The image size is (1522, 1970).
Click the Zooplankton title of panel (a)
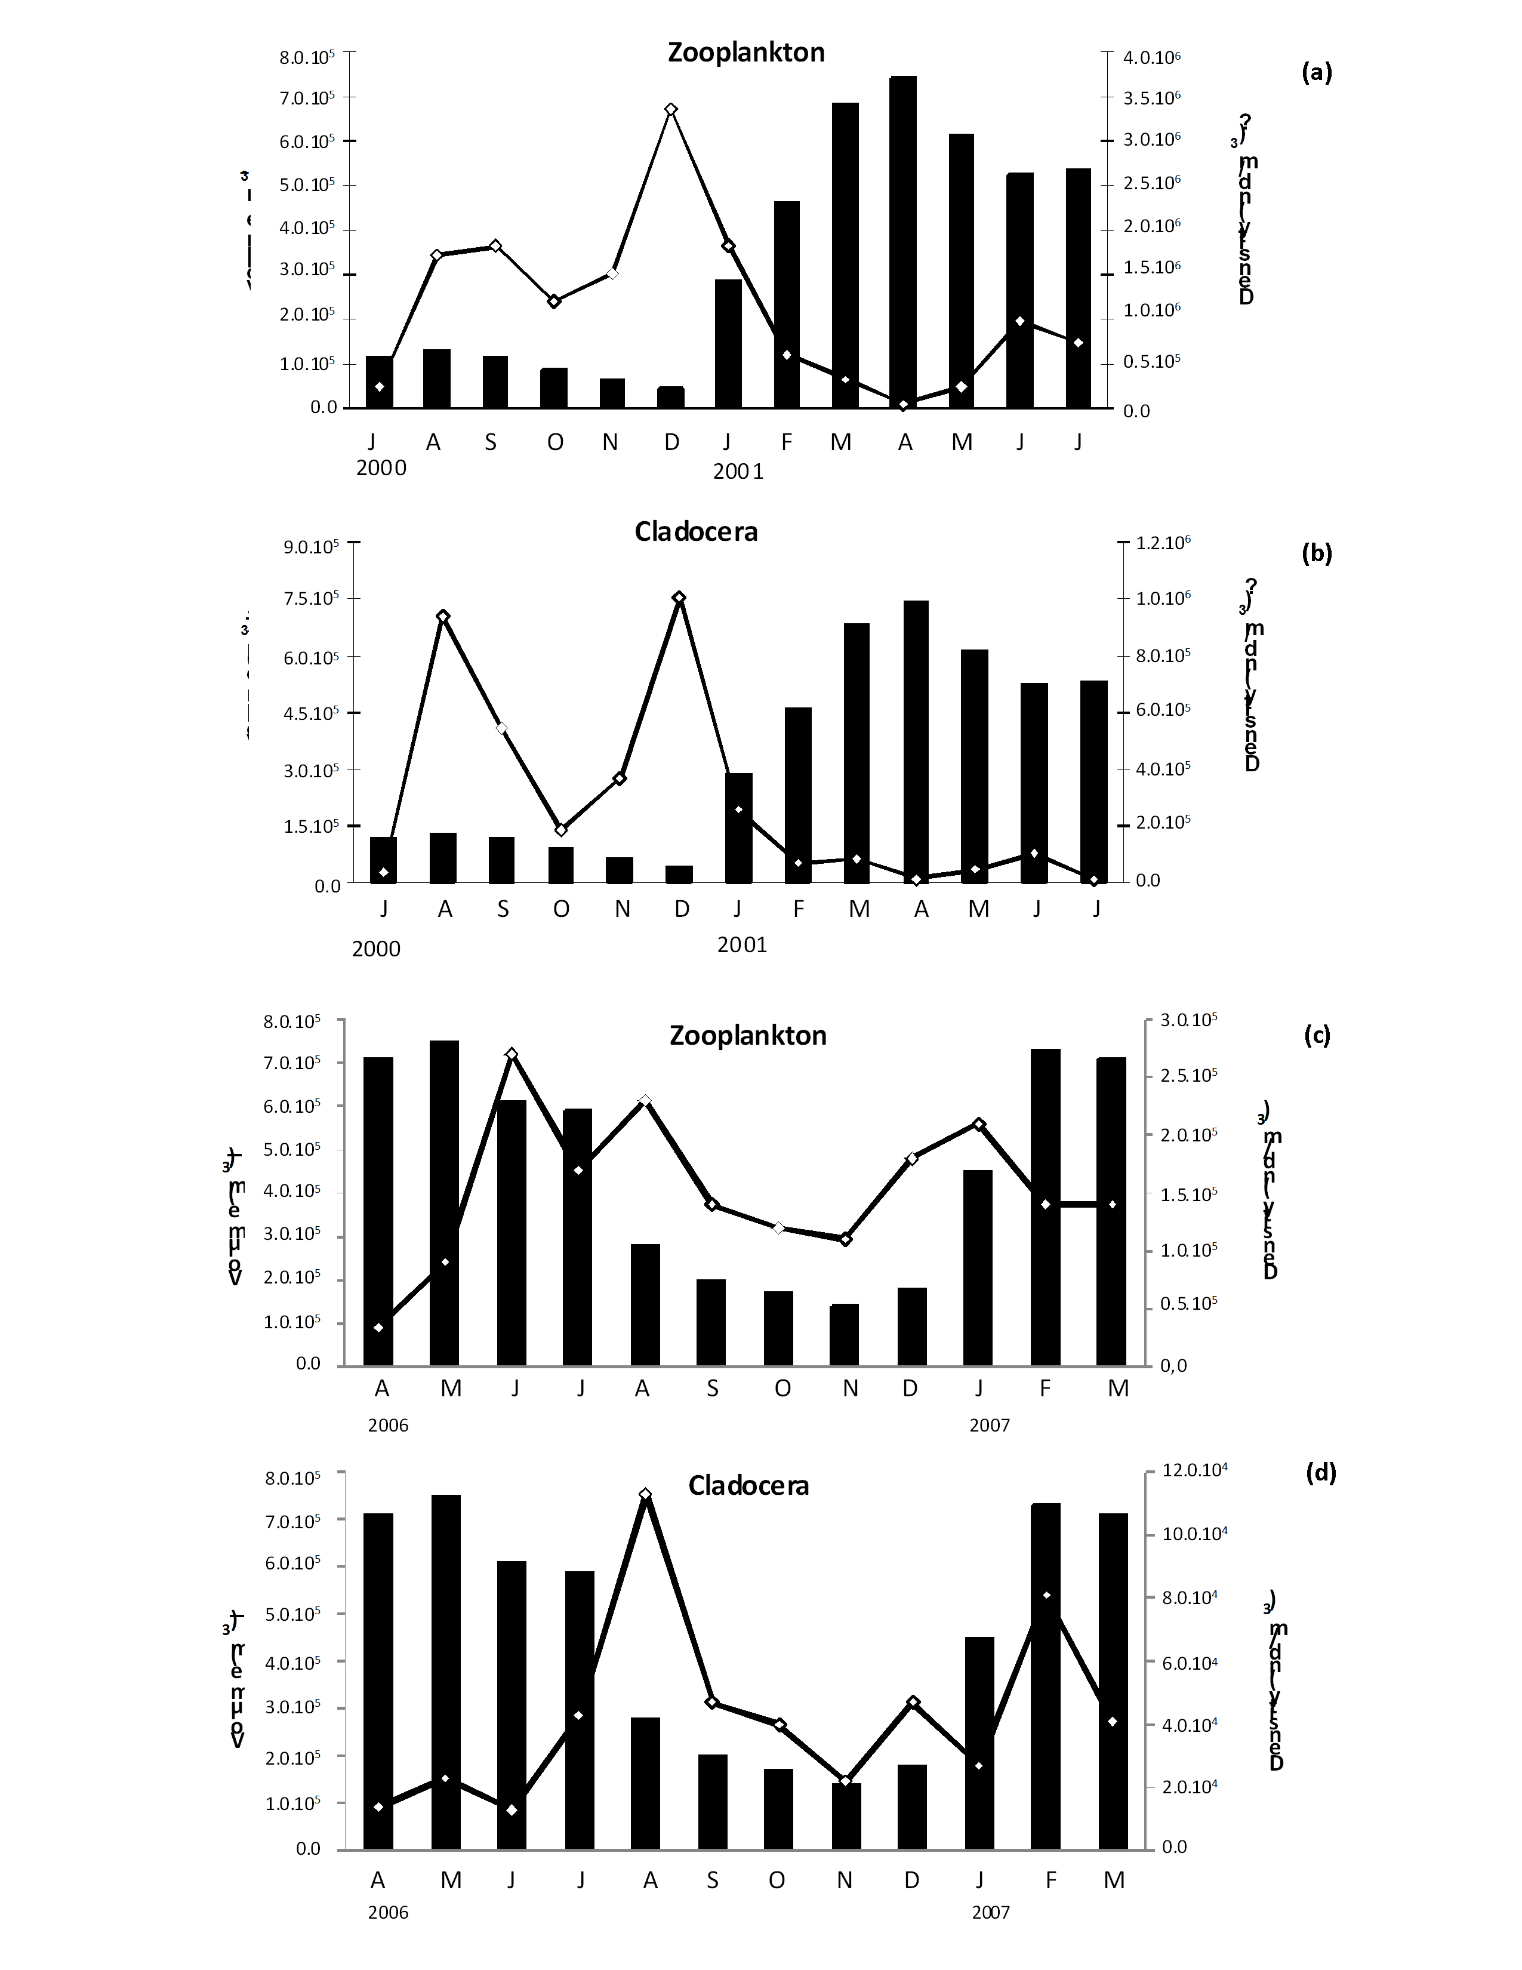[745, 53]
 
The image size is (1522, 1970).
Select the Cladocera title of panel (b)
[695, 531]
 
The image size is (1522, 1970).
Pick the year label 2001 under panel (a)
[738, 472]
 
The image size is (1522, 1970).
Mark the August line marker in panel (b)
[443, 616]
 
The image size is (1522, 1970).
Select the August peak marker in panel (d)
[645, 1495]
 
